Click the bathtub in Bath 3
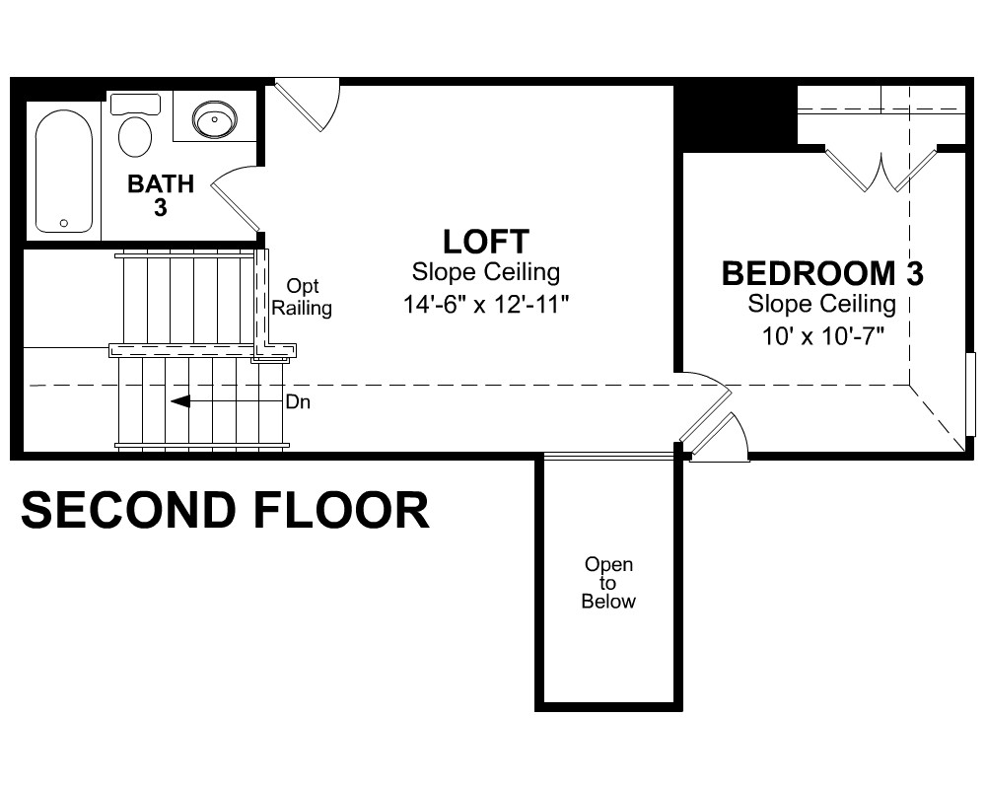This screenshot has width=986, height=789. pos(64,172)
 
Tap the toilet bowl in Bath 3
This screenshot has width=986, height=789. pos(134,136)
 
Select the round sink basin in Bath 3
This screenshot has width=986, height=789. pos(214,119)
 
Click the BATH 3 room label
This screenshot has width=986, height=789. pos(161,195)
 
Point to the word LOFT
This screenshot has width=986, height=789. pos(486,241)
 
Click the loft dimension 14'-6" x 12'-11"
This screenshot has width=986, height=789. pos(485,305)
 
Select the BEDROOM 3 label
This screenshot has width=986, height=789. pos(822,273)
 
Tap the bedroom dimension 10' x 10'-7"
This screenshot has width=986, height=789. pos(823,336)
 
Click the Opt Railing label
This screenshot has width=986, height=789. pos(302,297)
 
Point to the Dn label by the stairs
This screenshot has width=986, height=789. pos(298,401)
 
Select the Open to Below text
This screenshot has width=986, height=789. pos(608,583)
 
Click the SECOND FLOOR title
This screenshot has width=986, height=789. pos(225,509)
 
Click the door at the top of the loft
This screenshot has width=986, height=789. pos(308,105)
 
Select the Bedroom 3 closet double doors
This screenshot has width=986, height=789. pos(880,170)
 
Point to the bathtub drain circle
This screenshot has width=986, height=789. pos(63,223)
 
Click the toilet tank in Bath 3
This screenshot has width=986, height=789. pos(135,104)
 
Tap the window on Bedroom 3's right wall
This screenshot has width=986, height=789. pos(970,394)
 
